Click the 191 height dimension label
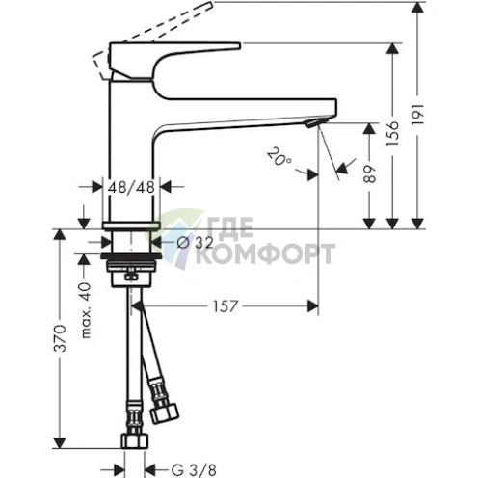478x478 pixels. pos(418,115)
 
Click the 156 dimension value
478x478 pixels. pos(393,134)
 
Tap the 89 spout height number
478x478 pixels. pos(369,173)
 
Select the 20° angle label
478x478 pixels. pos(279,157)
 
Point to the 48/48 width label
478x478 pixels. pos(131,187)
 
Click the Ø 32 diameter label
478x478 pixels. pos(195,243)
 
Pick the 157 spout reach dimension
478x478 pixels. pos(226,306)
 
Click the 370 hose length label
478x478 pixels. pos(60,338)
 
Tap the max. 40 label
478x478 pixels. pos(86,310)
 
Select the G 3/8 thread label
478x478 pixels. pos(194,470)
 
